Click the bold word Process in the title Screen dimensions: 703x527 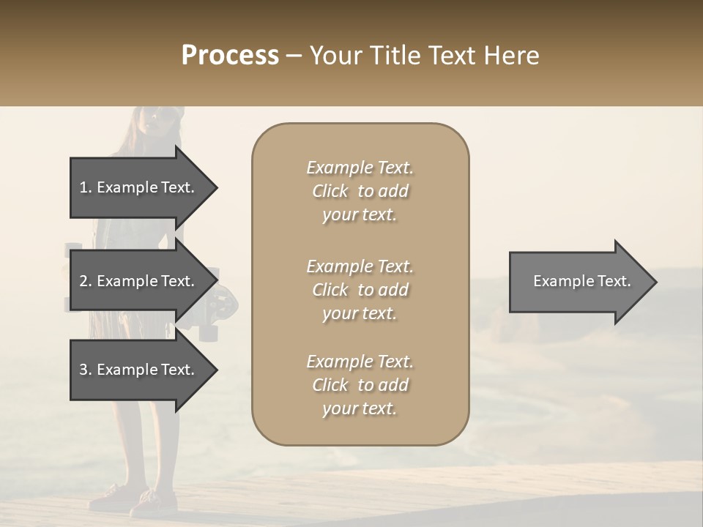click(x=230, y=56)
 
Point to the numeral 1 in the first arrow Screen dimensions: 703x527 click(x=83, y=187)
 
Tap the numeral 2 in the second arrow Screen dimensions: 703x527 click(x=83, y=281)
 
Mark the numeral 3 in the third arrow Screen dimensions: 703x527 click(x=83, y=370)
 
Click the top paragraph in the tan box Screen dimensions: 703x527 click(x=360, y=191)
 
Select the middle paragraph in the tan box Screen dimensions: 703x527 click(x=360, y=290)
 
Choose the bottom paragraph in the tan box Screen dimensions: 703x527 click(x=360, y=385)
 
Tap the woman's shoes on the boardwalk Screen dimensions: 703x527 click(x=135, y=501)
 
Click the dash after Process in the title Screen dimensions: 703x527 click(x=294, y=56)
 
